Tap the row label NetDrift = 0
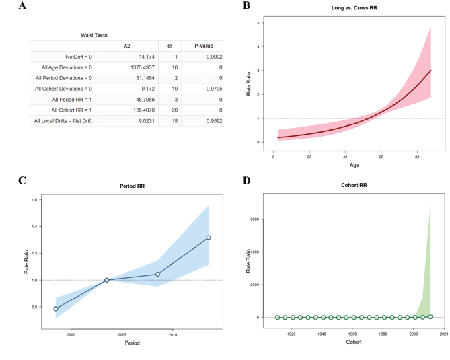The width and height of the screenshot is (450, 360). pos(79,57)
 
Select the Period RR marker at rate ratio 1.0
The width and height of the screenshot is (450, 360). pos(106,280)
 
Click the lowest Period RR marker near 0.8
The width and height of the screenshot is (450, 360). pos(56,309)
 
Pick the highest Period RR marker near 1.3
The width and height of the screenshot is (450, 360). pos(209,237)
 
